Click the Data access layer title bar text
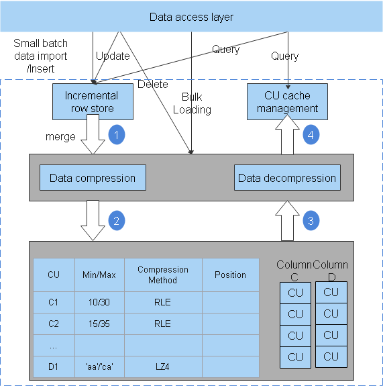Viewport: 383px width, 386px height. [x=191, y=17]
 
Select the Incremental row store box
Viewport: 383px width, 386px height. [x=91, y=102]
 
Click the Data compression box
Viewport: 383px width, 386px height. [x=93, y=178]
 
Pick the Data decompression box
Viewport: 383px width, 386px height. [x=287, y=178]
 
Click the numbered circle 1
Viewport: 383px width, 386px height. [x=117, y=135]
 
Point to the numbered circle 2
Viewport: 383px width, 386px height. [x=117, y=220]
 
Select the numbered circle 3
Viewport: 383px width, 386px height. [x=311, y=220]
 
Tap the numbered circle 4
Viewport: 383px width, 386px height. [x=311, y=135]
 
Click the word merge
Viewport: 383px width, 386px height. [x=60, y=136]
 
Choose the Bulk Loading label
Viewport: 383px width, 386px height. [x=192, y=103]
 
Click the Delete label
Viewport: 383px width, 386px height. [x=152, y=85]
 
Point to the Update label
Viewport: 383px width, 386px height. [x=113, y=56]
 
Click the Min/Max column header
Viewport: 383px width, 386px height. [x=99, y=275]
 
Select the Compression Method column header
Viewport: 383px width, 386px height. [x=163, y=275]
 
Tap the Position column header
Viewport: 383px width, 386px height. [x=230, y=275]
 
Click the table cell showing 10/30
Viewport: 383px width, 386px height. [x=99, y=302]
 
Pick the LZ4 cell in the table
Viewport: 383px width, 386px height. [x=163, y=367]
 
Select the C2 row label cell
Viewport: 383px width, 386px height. [x=54, y=324]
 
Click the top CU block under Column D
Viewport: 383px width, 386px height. [x=331, y=292]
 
